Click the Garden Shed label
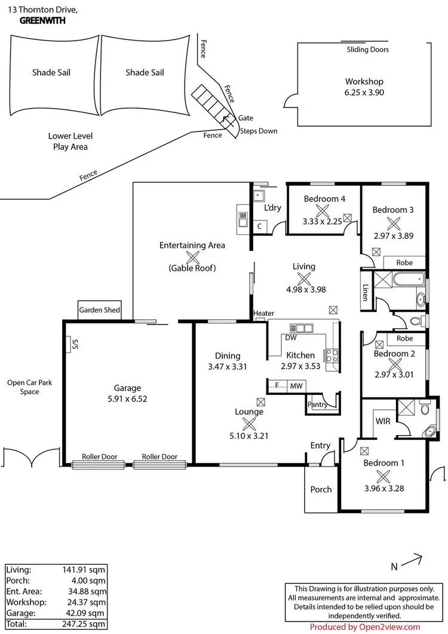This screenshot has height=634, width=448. (100, 310)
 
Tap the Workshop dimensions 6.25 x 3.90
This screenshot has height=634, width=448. (364, 93)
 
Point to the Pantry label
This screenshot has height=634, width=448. (317, 405)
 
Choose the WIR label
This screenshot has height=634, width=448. (383, 421)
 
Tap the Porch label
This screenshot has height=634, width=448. (321, 489)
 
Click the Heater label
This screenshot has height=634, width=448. (263, 314)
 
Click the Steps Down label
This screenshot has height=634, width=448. (259, 131)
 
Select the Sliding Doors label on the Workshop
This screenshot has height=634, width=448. (367, 50)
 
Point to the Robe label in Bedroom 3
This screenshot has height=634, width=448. (404, 262)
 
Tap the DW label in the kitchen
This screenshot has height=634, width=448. (291, 338)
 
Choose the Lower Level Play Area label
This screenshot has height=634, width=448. (70, 141)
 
